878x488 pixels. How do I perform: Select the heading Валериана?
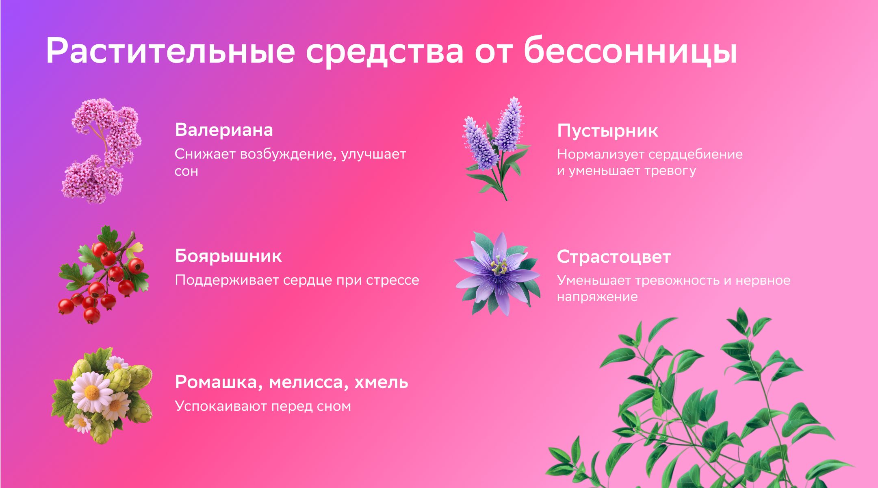pos(224,130)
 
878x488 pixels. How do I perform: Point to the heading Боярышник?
pos(228,256)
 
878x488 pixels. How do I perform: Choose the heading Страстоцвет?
pos(614,257)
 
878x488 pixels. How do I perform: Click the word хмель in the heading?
pos(381,382)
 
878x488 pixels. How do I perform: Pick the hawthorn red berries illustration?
pos(104,275)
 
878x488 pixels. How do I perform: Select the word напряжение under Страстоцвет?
pos(597,297)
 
